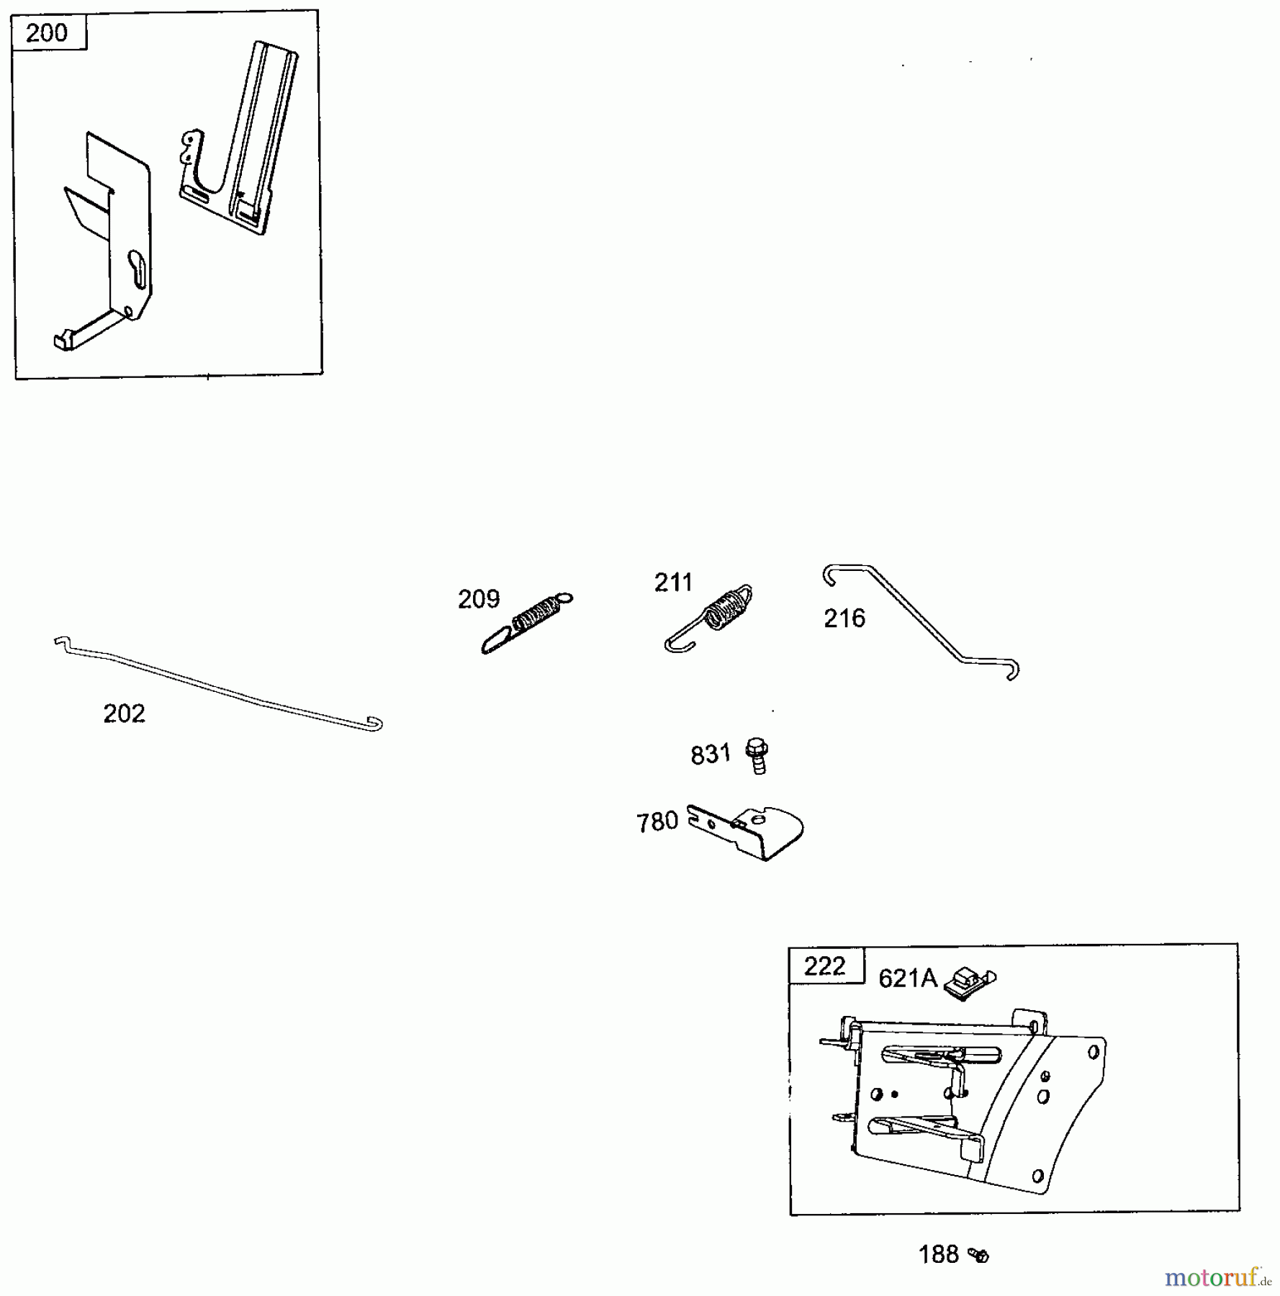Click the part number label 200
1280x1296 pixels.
tap(47, 33)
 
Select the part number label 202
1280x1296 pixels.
tap(125, 714)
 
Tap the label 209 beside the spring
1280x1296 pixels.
tap(479, 599)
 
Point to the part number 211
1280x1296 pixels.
tap(673, 582)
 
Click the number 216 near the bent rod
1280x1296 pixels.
tap(844, 618)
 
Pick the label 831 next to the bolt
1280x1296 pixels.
tap(711, 755)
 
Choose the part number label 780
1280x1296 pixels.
tap(657, 822)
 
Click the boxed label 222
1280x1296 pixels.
tap(825, 966)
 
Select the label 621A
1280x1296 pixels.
tap(909, 978)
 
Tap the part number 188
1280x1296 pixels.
tap(939, 1255)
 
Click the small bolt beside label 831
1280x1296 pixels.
tap(757, 755)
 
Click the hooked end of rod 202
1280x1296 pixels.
tap(374, 724)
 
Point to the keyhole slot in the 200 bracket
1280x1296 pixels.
tap(138, 269)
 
